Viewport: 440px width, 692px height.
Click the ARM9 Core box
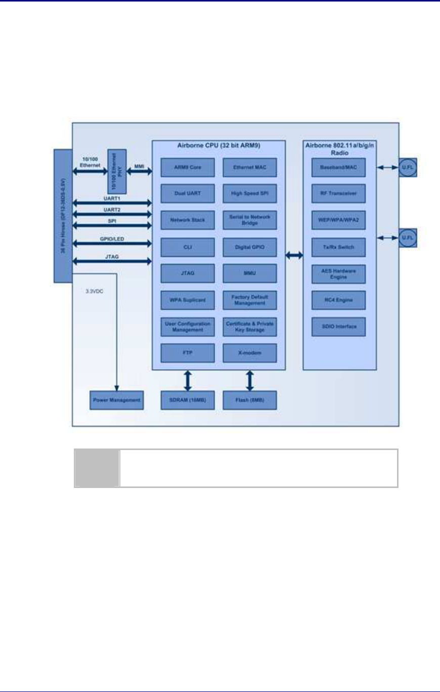[188, 167]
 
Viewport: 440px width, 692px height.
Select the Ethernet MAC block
[249, 167]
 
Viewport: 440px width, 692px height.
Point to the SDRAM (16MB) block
[188, 400]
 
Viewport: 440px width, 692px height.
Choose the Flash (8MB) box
[249, 400]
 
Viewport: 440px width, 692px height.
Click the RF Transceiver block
[338, 193]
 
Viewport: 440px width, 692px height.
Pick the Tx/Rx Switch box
[338, 247]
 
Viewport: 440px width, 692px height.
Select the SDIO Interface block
[338, 327]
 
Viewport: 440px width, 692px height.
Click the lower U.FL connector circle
[408, 237]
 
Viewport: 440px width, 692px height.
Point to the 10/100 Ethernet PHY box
[117, 172]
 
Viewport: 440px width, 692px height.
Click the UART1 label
[112, 198]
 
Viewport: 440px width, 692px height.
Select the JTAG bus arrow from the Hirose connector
[112, 261]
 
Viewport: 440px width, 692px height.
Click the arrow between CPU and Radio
[294, 256]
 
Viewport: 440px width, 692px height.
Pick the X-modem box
[249, 353]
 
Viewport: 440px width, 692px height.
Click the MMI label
[139, 166]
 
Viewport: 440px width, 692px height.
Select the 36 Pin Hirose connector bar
[63, 215]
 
